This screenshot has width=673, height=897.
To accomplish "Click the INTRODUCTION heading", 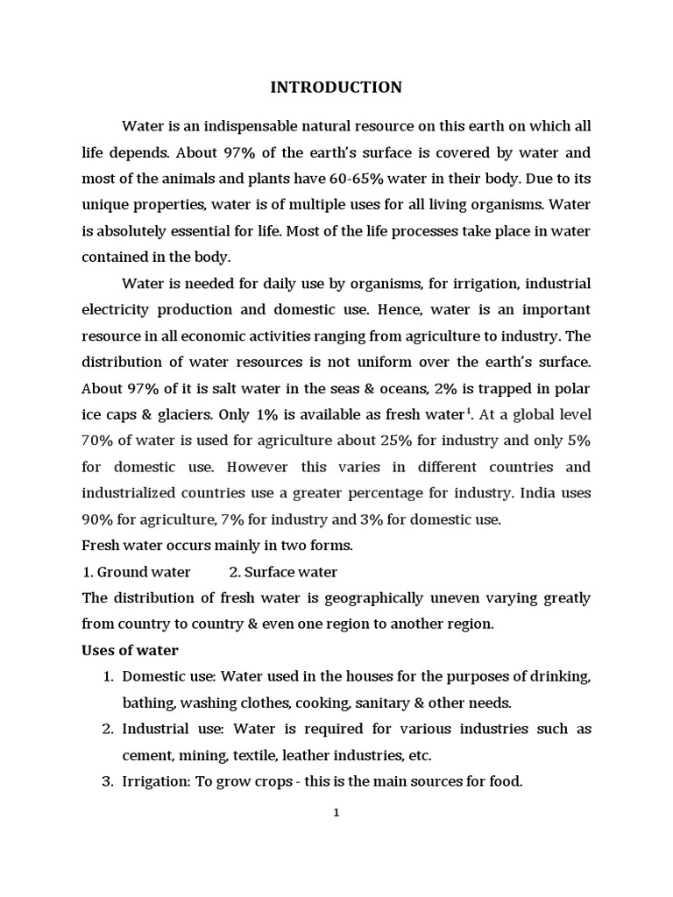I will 336,87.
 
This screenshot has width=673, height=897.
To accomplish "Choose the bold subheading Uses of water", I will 130,650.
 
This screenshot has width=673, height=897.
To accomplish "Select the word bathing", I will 148,703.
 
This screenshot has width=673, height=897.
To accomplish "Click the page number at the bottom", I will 336,813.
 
